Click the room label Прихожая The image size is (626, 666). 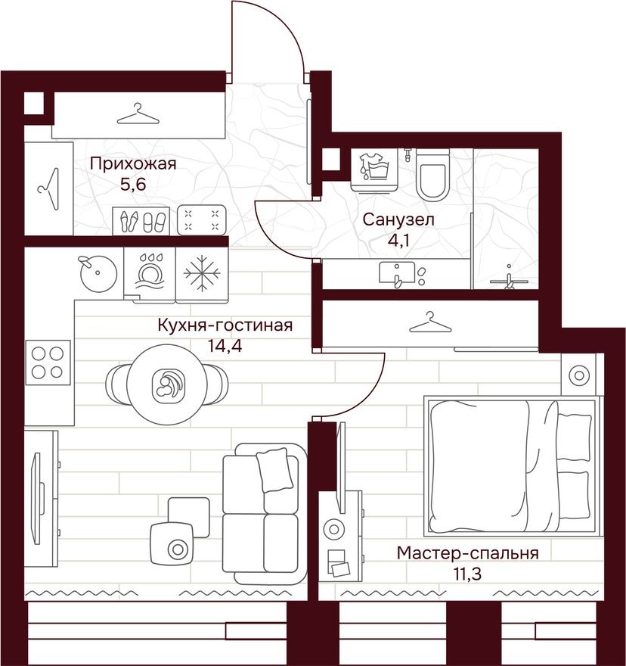(132, 163)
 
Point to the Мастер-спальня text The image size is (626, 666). (467, 553)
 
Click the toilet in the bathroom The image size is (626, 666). (433, 173)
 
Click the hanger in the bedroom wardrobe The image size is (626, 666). (429, 322)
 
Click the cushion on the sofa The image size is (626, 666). (274, 469)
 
